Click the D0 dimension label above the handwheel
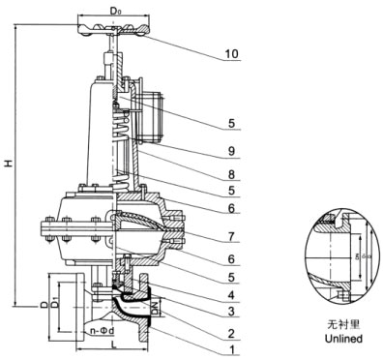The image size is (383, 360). [116, 11]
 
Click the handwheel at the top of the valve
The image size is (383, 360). [116, 29]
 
